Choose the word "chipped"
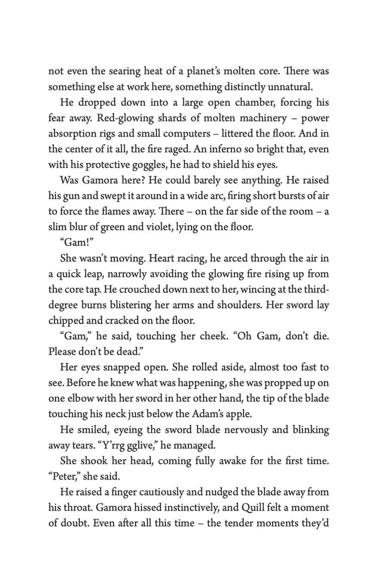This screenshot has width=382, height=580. click(67, 320)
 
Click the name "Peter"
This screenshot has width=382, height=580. click(66, 477)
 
